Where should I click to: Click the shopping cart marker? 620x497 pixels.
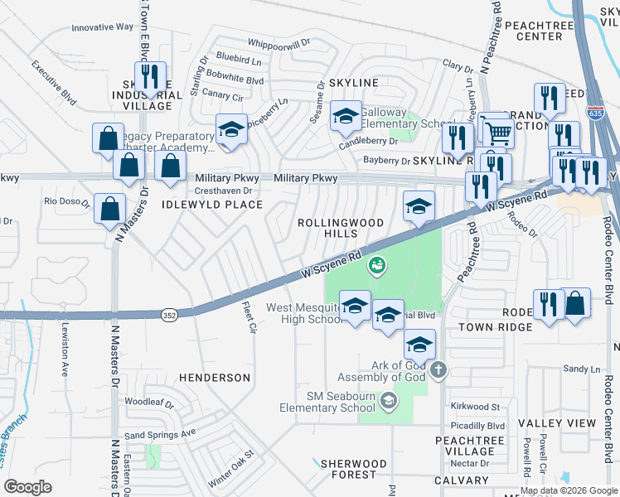[497, 131]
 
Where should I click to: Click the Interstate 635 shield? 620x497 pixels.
[596, 113]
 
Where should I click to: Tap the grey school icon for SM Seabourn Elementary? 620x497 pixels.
[387, 402]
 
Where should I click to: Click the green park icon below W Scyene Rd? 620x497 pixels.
[377, 265]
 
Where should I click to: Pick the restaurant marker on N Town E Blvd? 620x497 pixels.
[150, 77]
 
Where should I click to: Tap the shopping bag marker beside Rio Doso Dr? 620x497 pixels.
[109, 209]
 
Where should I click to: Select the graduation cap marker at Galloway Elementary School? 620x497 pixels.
[346, 115]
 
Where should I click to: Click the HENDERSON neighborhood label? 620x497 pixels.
[215, 378]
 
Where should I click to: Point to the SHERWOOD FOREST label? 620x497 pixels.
[354, 469]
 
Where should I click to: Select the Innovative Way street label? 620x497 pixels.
[102, 27]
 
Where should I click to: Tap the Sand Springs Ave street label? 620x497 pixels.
[159, 433]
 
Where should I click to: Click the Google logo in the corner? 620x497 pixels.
[28, 486]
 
